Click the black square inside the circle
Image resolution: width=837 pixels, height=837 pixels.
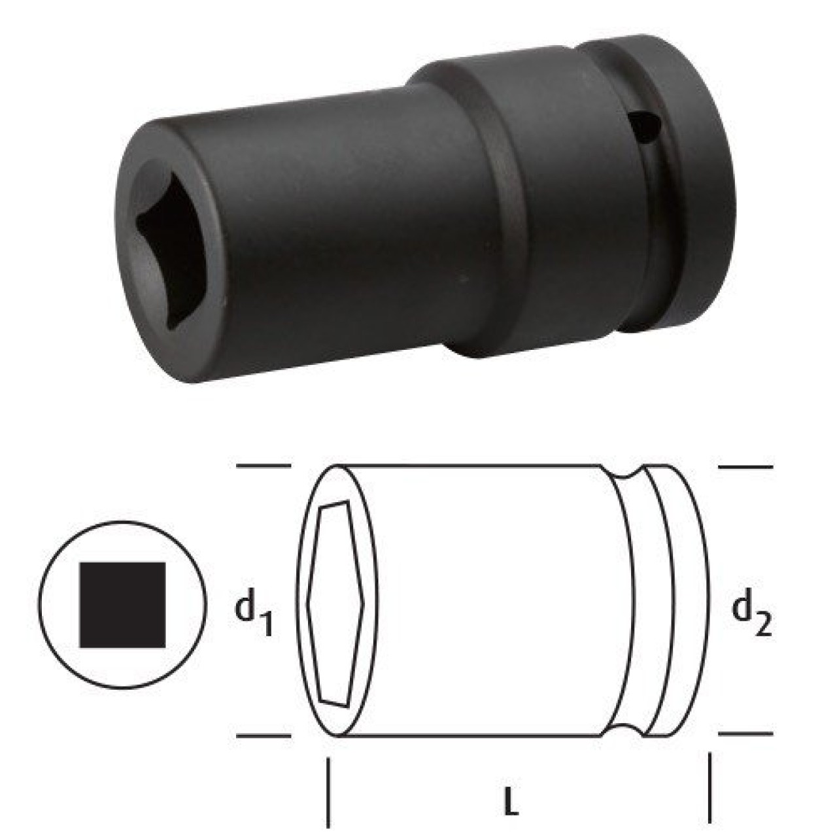click(x=122, y=605)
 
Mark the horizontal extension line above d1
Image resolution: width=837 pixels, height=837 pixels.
click(x=263, y=466)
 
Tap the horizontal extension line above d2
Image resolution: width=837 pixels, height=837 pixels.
click(x=745, y=467)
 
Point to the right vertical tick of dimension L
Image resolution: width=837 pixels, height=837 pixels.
click(x=709, y=791)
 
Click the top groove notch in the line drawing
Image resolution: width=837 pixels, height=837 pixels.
click(x=624, y=473)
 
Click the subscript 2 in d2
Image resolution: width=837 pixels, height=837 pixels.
click(x=764, y=624)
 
